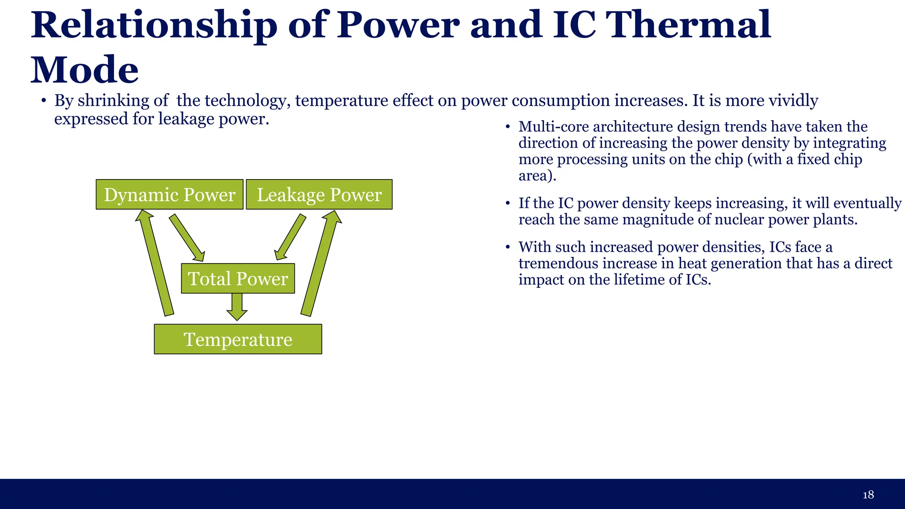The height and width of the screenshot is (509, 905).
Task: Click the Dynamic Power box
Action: pos(169,195)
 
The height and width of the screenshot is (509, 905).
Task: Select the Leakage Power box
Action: pos(319,195)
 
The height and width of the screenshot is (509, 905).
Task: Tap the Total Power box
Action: pos(238,279)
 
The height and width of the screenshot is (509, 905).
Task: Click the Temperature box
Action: pos(238,339)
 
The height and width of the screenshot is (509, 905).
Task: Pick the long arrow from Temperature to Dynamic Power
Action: pos(156,263)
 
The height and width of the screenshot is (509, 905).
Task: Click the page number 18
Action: pos(868,494)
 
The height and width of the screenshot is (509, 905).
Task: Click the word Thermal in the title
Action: pos(689,25)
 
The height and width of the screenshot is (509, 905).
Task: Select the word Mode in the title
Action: pos(84,70)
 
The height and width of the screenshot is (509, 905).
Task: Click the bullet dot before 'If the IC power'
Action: pos(508,204)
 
